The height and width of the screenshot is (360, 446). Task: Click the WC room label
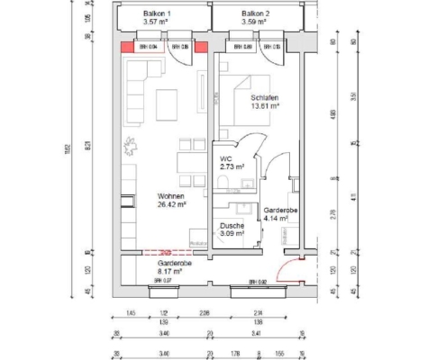225,158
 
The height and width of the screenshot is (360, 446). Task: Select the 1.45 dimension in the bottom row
132,314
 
